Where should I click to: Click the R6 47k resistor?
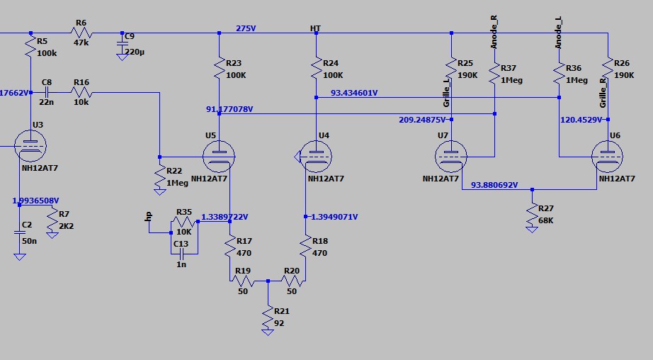point(81,33)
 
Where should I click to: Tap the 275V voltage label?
point(246,28)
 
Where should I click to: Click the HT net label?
point(316,28)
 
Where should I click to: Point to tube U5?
point(220,155)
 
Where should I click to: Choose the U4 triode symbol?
point(314,155)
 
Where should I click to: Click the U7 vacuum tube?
point(451,155)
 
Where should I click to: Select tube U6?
point(608,155)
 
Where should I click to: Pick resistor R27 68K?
point(532,215)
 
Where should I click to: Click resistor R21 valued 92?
point(268,317)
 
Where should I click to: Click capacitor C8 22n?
point(47,92)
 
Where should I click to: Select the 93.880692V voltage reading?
point(494,186)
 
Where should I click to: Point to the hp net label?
point(149,218)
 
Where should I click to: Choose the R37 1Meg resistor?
point(494,75)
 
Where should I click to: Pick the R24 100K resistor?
point(316,69)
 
